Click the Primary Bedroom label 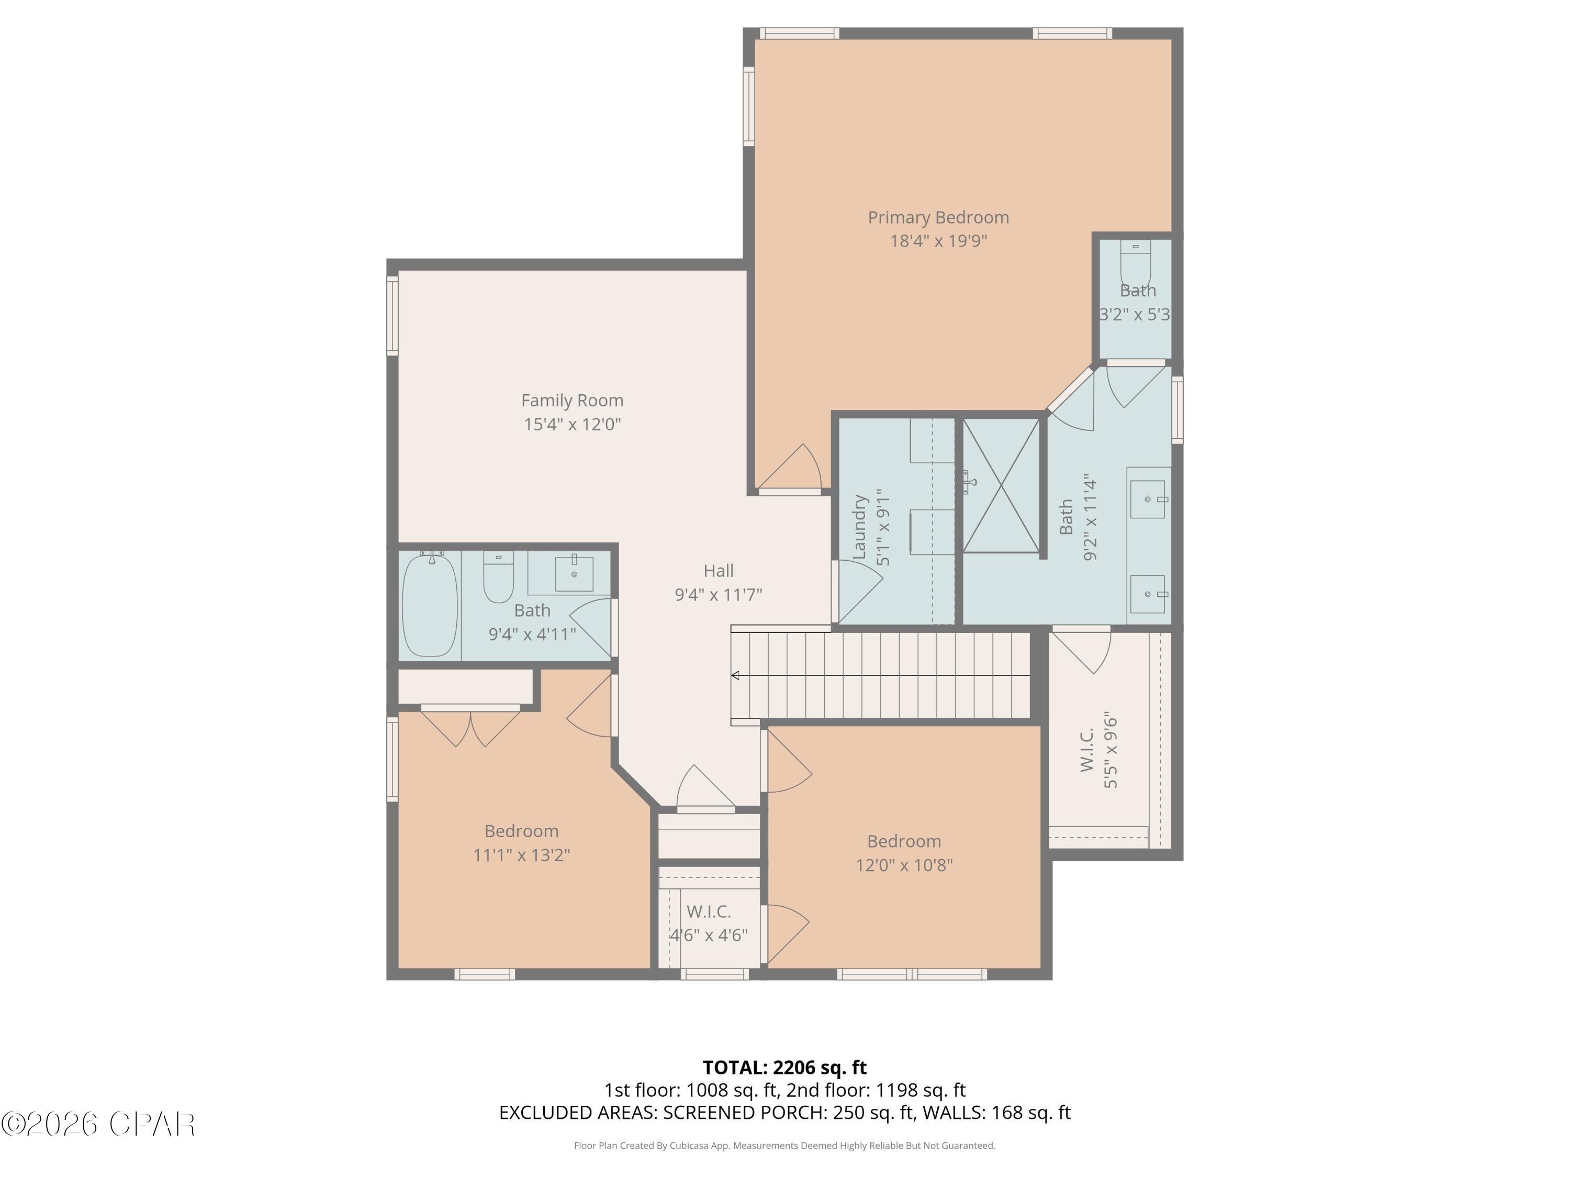(938, 217)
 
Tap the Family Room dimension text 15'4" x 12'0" (572, 424)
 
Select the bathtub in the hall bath (430, 605)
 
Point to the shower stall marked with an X (1001, 486)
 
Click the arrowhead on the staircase (735, 675)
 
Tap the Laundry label (859, 526)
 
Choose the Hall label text (719, 570)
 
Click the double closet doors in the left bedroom (470, 728)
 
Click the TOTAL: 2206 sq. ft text (784, 1067)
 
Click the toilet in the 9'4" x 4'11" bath (498, 576)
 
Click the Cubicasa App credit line (784, 1146)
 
